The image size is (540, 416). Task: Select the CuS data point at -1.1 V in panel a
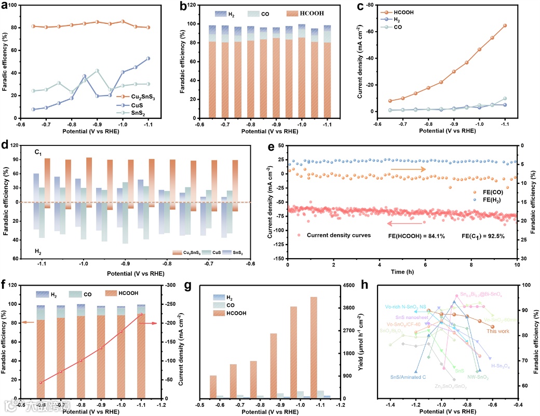click(148, 58)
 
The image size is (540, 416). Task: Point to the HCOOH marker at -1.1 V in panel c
click(505, 25)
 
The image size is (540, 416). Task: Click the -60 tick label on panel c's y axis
click(370, 32)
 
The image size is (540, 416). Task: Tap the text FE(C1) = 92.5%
click(483, 236)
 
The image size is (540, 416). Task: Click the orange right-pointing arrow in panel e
click(408, 169)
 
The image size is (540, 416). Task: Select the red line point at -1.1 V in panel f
click(141, 314)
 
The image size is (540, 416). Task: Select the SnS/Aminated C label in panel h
click(409, 378)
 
